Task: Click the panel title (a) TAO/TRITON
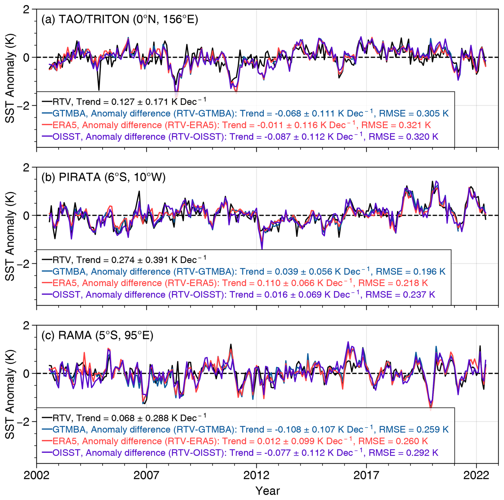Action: click(120, 19)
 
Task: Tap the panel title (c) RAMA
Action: click(97, 335)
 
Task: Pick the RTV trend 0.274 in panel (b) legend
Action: click(123, 260)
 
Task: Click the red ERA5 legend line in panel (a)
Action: click(47, 125)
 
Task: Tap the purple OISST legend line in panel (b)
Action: click(47, 295)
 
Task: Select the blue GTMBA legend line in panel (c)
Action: click(47, 430)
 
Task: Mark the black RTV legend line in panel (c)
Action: click(47, 418)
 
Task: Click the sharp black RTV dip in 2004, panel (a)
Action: click(99, 90)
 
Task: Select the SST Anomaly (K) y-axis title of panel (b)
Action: click(10, 236)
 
